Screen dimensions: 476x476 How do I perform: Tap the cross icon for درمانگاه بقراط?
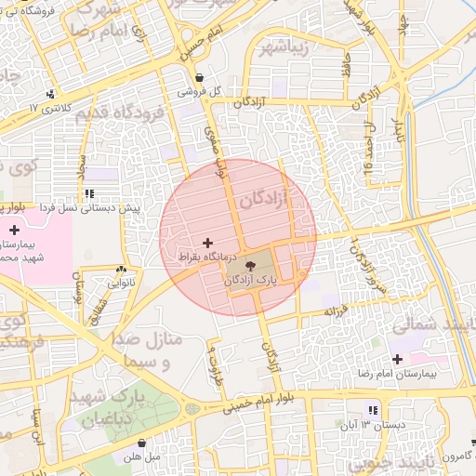(207, 242)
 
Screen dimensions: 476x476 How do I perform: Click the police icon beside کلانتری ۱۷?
(50, 94)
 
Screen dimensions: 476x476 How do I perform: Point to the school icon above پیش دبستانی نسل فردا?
(89, 194)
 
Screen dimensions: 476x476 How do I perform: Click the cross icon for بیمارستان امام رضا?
(399, 359)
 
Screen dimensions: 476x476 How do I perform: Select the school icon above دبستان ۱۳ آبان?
(374, 410)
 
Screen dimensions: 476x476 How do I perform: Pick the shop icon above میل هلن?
(141, 443)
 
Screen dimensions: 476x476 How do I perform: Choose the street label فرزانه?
(337, 308)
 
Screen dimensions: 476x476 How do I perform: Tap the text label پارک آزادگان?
(252, 280)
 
